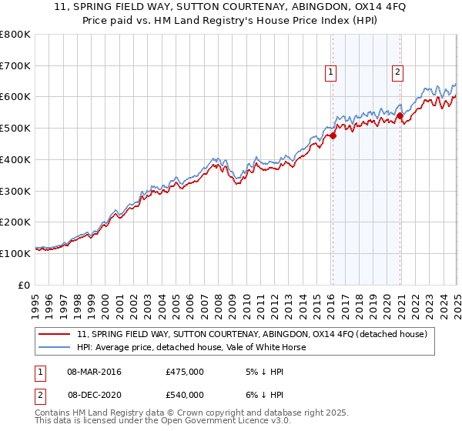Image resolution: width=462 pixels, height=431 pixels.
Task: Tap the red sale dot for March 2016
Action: point(333,135)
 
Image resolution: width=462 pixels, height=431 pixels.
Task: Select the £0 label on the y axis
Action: point(25,285)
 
